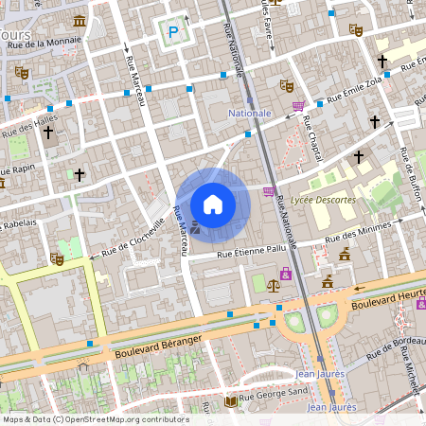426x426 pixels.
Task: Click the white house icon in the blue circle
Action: click(213, 204)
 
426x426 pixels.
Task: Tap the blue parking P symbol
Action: click(173, 31)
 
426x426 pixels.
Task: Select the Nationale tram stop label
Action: click(250, 113)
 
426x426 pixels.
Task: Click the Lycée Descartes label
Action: click(323, 200)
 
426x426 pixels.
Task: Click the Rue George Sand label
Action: click(274, 400)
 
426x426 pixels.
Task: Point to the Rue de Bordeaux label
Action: click(394, 347)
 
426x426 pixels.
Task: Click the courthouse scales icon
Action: click(273, 282)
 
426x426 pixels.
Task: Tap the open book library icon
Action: click(230, 401)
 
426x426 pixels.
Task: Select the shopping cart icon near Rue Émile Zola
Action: click(299, 106)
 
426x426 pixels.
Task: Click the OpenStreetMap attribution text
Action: click(95, 419)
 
